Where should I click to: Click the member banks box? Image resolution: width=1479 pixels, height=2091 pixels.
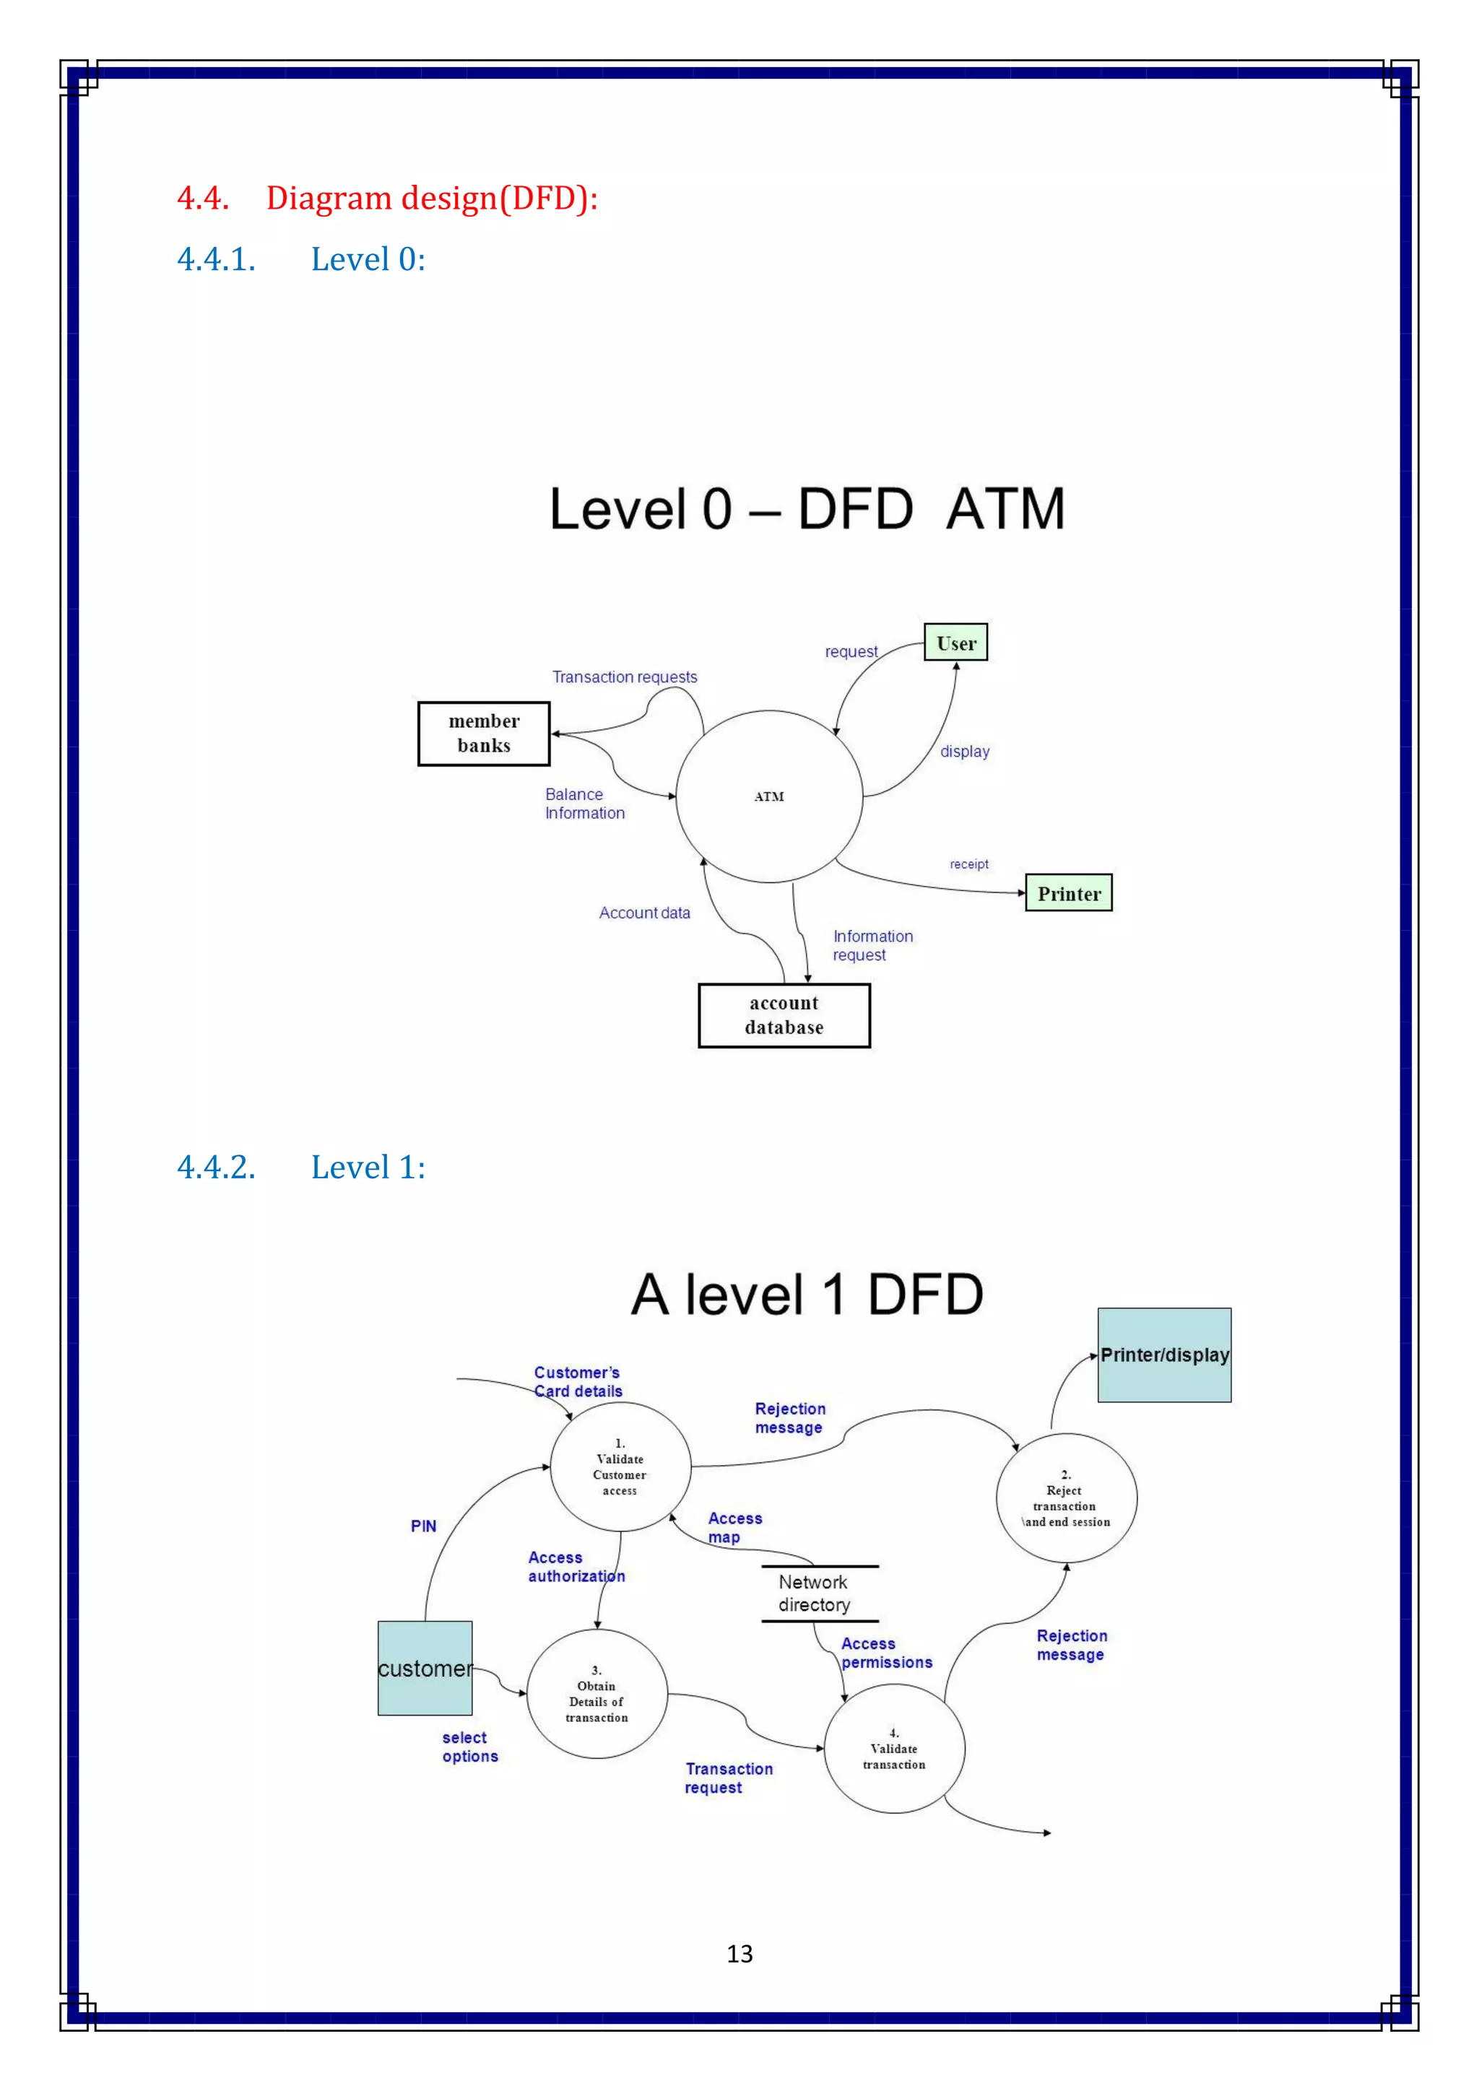click(484, 733)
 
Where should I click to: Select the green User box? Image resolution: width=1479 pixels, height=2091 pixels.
click(955, 643)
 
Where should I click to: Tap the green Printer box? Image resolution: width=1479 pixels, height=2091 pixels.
click(1068, 893)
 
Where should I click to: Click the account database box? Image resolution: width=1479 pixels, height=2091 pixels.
click(784, 1015)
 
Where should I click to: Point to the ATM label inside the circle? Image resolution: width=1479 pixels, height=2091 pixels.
click(768, 797)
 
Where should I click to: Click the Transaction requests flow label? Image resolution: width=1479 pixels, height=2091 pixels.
click(625, 677)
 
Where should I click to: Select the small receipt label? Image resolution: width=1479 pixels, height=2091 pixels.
click(968, 864)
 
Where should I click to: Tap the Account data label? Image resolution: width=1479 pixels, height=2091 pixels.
click(644, 913)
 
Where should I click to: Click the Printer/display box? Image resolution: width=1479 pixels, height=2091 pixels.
click(1164, 1355)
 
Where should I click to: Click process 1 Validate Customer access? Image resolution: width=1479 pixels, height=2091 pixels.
click(620, 1467)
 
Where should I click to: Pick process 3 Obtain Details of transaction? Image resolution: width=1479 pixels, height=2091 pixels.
click(597, 1694)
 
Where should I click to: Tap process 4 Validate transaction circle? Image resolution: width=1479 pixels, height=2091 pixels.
click(893, 1749)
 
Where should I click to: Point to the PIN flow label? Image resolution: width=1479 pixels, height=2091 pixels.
click(423, 1526)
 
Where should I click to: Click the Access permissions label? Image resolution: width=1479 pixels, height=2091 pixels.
click(885, 1653)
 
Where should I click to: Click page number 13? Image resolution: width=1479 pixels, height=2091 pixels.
click(739, 1954)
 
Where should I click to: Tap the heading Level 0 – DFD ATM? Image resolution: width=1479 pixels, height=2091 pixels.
click(806, 508)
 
